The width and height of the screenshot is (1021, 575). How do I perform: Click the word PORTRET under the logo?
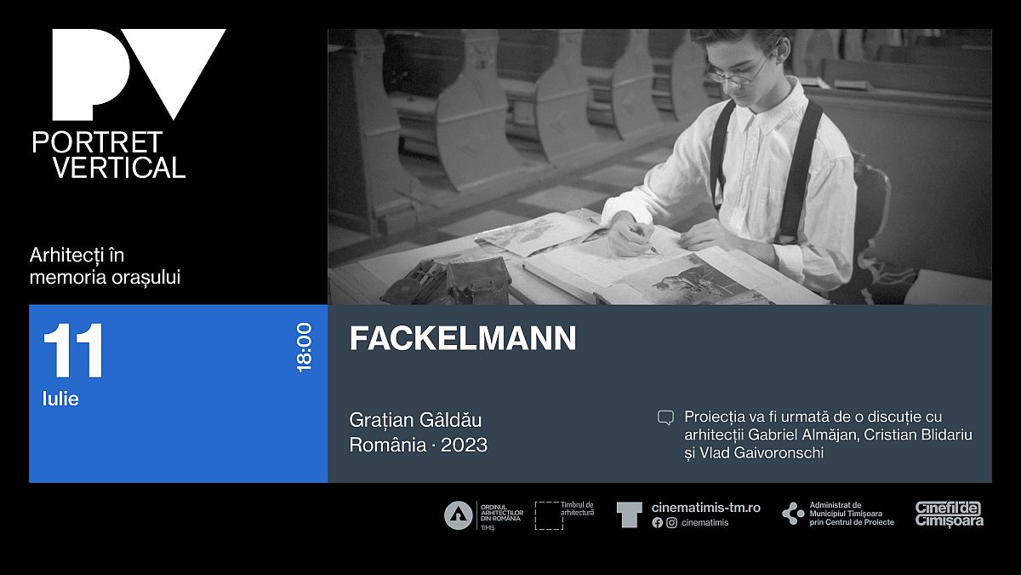(x=97, y=142)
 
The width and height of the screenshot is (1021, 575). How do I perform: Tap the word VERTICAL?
(x=119, y=167)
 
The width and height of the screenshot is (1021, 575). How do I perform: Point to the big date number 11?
(x=73, y=350)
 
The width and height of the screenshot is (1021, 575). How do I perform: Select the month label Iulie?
(x=60, y=399)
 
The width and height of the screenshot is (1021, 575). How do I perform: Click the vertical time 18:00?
(x=304, y=348)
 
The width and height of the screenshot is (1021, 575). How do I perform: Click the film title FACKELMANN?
(x=463, y=338)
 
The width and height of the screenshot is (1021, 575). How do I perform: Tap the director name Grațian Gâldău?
(x=415, y=420)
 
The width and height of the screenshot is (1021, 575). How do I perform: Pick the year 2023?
(x=464, y=445)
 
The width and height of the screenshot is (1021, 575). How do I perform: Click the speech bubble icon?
(x=665, y=417)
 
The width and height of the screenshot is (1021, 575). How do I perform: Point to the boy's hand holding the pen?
(x=631, y=234)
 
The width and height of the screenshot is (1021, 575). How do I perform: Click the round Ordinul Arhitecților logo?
(x=458, y=515)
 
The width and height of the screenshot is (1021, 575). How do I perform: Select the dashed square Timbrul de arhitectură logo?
(x=550, y=515)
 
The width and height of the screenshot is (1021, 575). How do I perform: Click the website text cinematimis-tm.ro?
(x=706, y=508)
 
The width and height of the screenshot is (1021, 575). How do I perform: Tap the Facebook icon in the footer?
(x=657, y=523)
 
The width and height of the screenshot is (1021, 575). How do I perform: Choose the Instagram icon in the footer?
(x=672, y=523)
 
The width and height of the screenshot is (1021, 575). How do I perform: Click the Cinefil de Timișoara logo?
(x=950, y=515)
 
